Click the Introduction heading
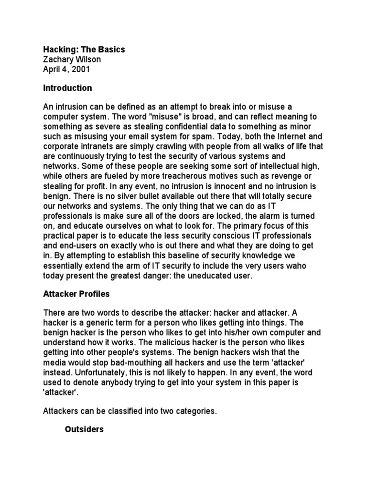[x=67, y=88]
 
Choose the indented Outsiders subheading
[x=84, y=429]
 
